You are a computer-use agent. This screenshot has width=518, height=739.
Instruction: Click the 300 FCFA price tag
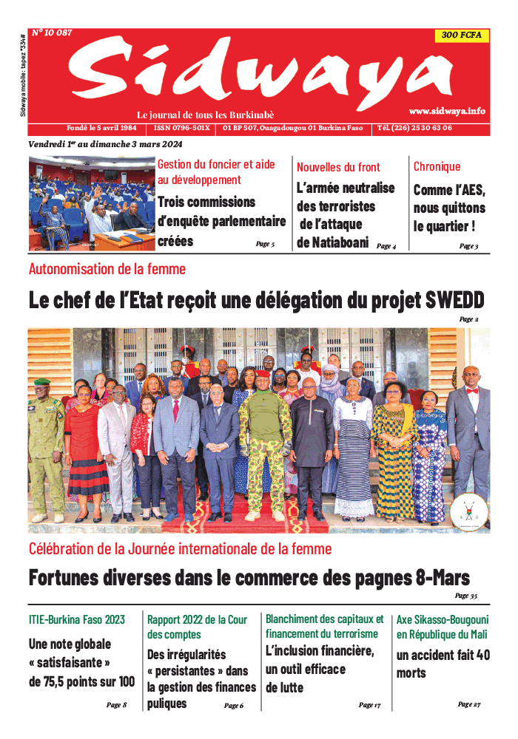[x=460, y=35]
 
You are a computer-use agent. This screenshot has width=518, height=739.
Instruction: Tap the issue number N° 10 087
[x=52, y=33]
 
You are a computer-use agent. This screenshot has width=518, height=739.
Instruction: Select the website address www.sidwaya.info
[x=447, y=111]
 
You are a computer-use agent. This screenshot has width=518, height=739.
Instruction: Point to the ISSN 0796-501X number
[x=183, y=128]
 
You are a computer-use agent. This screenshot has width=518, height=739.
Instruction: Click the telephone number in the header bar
[x=414, y=128]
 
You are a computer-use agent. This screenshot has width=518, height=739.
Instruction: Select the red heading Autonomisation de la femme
[x=107, y=269]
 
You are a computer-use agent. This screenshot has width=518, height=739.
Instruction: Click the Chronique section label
[x=437, y=167]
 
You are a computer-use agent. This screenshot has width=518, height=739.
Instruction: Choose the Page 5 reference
[x=265, y=244]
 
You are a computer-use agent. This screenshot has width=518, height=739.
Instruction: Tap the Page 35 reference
[x=465, y=596]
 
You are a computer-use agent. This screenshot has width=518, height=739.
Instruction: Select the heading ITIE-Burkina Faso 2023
[x=77, y=619]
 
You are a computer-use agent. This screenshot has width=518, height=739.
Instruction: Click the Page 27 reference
[x=468, y=704]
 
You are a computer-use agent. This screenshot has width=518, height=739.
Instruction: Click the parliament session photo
[x=91, y=203]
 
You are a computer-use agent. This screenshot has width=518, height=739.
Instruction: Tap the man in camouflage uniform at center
[x=266, y=443]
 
